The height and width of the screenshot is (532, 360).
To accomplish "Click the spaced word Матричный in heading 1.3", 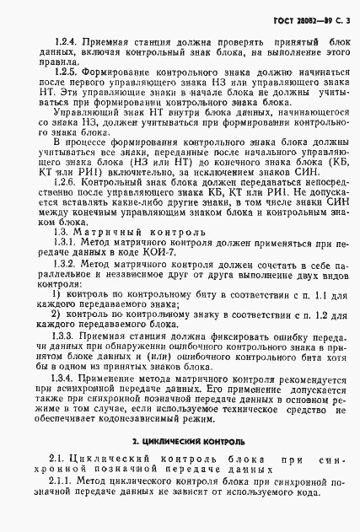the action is point(105,254).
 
